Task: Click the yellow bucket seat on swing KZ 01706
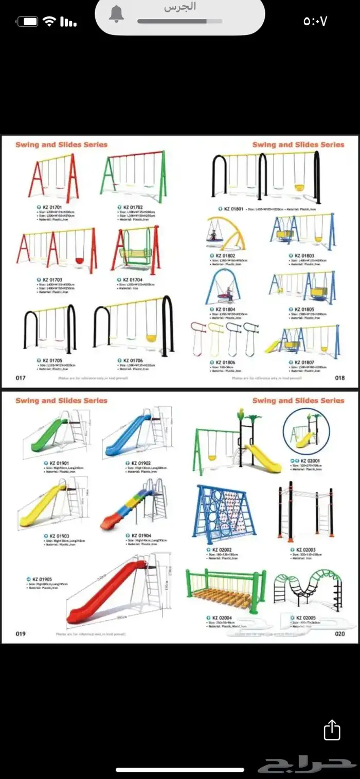point(151,338)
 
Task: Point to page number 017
point(21,378)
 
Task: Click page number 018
point(340,378)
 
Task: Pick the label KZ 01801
point(233,209)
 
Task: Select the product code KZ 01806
point(225,363)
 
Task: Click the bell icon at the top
point(116,14)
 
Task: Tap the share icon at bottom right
point(332,730)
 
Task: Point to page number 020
point(340,634)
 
